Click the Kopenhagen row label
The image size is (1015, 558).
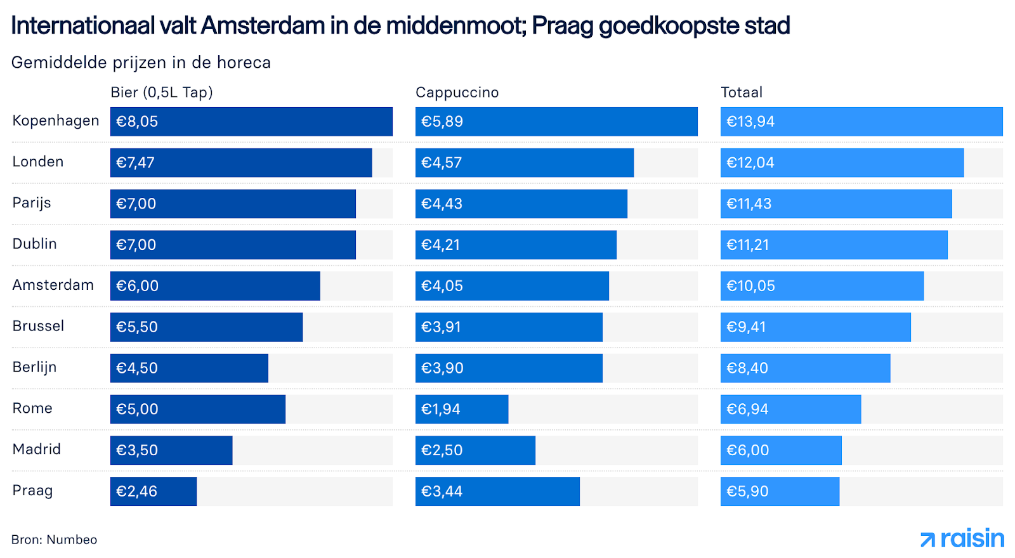[x=56, y=120]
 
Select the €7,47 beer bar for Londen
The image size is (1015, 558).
[x=241, y=162]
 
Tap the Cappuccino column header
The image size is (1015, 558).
[x=457, y=93]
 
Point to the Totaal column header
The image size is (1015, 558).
[x=742, y=93]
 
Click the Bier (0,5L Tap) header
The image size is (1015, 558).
[x=162, y=93]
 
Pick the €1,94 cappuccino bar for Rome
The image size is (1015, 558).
[x=462, y=409]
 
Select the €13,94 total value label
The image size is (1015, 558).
[x=750, y=122]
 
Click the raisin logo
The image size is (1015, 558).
[x=962, y=539]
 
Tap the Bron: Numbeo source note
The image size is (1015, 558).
[x=55, y=540]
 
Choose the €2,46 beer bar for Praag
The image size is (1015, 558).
[x=154, y=491]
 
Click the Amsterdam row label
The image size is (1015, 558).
[x=53, y=285]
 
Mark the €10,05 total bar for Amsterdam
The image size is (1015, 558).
[x=822, y=286]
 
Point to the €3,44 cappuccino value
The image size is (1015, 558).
[x=442, y=491]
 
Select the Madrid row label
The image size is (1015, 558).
[x=37, y=449]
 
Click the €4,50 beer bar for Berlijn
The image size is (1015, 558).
[x=189, y=368]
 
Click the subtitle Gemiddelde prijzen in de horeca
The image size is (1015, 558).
[x=141, y=62]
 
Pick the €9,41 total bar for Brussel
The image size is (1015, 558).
[x=816, y=327]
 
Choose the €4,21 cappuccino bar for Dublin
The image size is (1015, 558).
[x=516, y=245]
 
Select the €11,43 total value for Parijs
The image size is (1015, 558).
[x=749, y=204]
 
